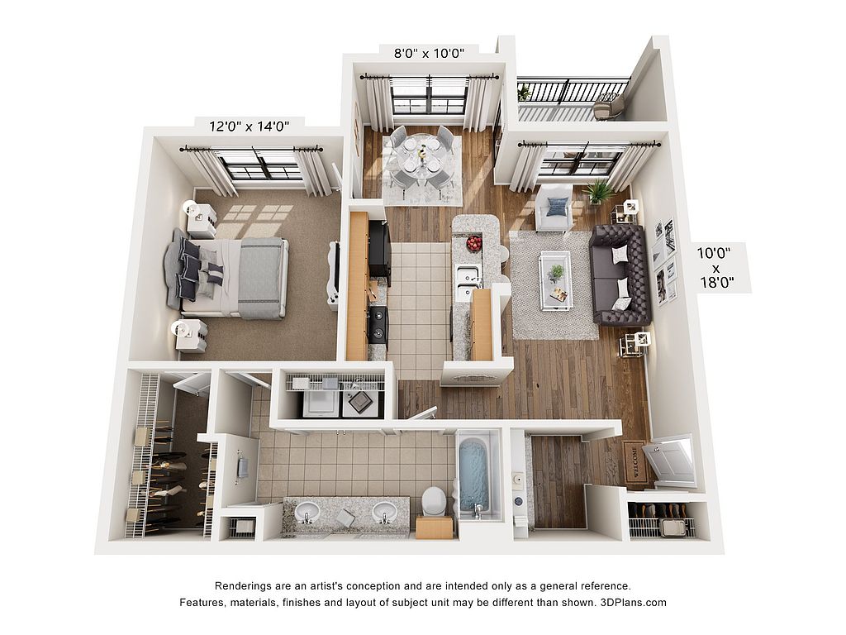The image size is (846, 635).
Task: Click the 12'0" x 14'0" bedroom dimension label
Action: pos(250,127)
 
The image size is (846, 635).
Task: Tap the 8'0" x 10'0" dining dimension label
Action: pos(429,53)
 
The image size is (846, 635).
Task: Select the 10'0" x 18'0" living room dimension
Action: pos(715,267)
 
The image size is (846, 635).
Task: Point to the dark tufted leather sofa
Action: pos(620,275)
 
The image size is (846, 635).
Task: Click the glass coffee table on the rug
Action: pos(556,280)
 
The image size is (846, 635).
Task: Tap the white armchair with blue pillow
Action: pos(554,207)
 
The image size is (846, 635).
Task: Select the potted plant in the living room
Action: pos(600,191)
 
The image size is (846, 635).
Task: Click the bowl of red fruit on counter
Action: pos(473,243)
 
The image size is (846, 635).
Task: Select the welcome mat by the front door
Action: pos(634,461)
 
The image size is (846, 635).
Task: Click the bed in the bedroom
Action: pos(226,277)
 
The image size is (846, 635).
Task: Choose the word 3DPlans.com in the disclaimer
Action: pos(633,602)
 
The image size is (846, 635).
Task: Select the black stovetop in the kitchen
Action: pos(377,324)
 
